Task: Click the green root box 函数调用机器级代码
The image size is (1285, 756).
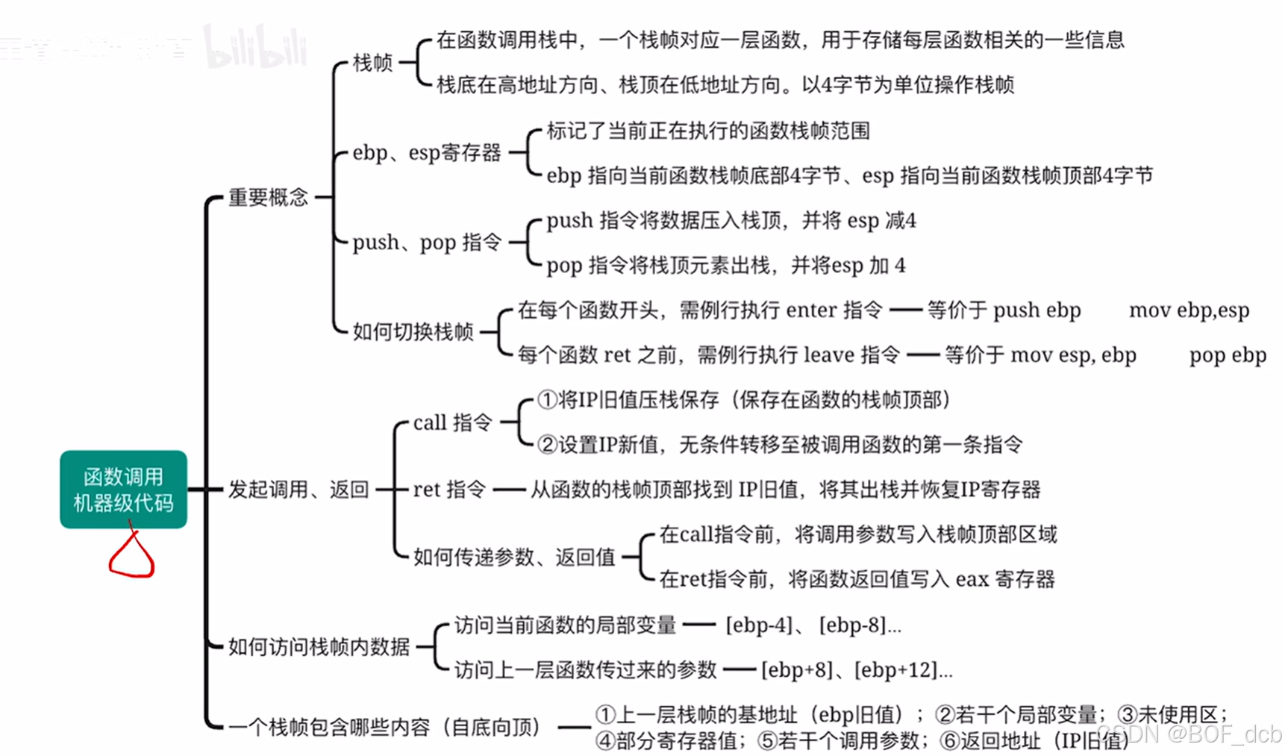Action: [123, 490]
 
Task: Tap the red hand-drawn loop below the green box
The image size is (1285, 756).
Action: [132, 557]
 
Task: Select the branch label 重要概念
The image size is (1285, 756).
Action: [268, 198]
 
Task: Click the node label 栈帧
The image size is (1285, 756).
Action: [372, 63]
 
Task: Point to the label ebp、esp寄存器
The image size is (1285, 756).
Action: [427, 153]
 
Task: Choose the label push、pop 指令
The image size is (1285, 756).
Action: [427, 243]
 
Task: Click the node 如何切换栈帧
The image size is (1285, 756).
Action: [413, 332]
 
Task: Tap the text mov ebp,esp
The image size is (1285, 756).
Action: [1189, 310]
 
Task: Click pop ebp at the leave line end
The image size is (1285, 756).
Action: [1228, 355]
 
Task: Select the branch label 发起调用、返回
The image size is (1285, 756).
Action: [298, 490]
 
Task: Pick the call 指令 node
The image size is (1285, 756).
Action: [452, 422]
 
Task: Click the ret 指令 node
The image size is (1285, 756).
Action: [449, 490]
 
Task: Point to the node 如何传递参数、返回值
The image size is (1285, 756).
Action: [514, 557]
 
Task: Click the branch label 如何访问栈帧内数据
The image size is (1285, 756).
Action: [319, 647]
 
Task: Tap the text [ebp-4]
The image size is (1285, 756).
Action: [759, 625]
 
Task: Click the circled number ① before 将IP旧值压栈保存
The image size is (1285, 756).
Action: [547, 400]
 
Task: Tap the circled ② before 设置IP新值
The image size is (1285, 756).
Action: [547, 445]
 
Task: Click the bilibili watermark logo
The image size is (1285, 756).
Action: [255, 46]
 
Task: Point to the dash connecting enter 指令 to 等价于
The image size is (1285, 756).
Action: [905, 310]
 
